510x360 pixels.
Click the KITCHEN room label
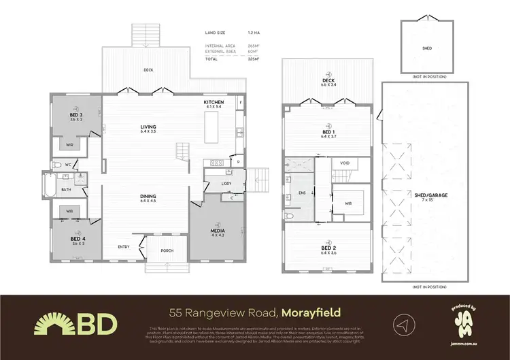(x=214, y=102)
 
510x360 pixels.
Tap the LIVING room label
(x=148, y=127)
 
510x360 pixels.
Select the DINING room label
(x=148, y=197)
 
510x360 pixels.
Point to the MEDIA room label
(x=218, y=231)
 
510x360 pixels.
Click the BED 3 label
(x=76, y=116)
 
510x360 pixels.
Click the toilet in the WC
(x=59, y=165)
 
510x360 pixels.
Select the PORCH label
(x=167, y=250)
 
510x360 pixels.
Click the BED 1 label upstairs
(x=328, y=133)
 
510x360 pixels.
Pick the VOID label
(x=345, y=163)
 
